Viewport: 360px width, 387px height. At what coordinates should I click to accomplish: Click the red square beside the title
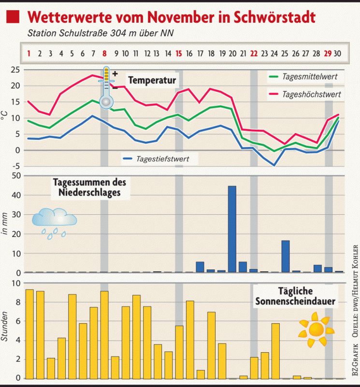click(13, 17)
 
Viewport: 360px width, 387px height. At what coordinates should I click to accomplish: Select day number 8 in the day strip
click(104, 53)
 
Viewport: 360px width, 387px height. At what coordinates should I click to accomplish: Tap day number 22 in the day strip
click(254, 53)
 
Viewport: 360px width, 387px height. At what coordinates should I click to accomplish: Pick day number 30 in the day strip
click(339, 53)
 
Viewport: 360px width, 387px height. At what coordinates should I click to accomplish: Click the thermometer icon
click(106, 87)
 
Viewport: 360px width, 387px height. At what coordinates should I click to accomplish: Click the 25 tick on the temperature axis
click(15, 70)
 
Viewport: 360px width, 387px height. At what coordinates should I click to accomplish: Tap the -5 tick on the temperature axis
click(15, 166)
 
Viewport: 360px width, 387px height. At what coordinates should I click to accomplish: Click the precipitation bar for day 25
click(286, 256)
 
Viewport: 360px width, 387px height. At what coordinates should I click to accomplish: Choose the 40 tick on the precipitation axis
click(15, 195)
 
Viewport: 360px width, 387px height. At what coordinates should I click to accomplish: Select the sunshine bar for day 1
click(29, 334)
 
